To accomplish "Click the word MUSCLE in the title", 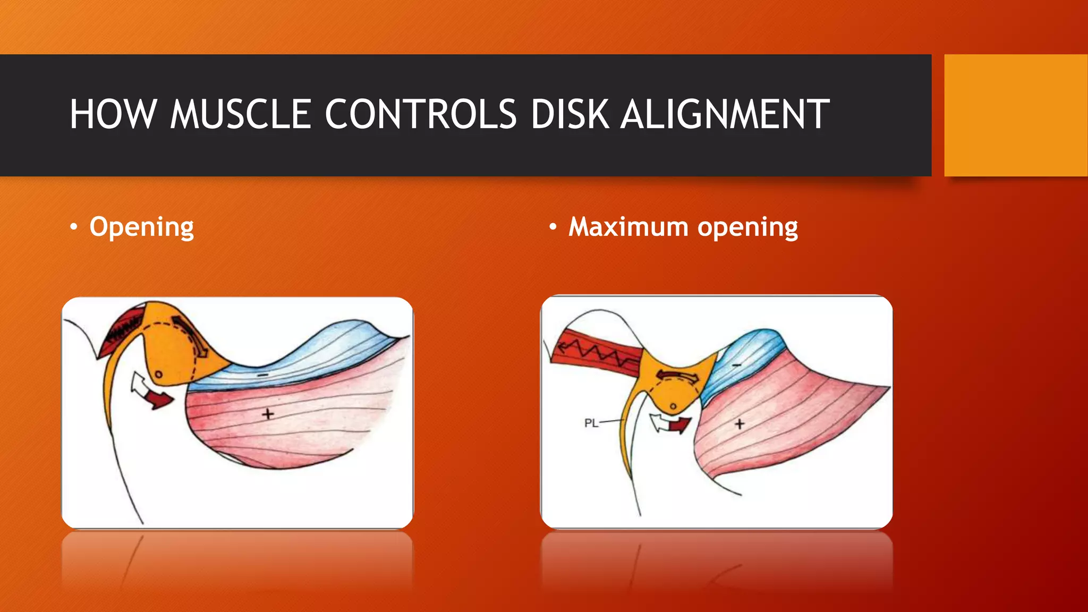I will point(240,114).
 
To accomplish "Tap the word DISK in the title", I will point(569,114).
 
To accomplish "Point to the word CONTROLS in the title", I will point(420,114).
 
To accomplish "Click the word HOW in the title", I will point(113,114).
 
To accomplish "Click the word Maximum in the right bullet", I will point(628,227).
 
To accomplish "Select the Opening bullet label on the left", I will point(141,227).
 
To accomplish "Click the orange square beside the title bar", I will point(1015,115).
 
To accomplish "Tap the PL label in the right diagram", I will point(591,423).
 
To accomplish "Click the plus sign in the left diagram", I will point(268,413).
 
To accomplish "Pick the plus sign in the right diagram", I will point(739,423).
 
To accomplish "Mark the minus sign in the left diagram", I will point(263,375).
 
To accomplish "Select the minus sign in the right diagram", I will point(736,365).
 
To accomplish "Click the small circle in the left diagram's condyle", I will point(158,375).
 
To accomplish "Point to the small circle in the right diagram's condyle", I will point(673,406).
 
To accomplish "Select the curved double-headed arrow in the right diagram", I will point(677,376).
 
